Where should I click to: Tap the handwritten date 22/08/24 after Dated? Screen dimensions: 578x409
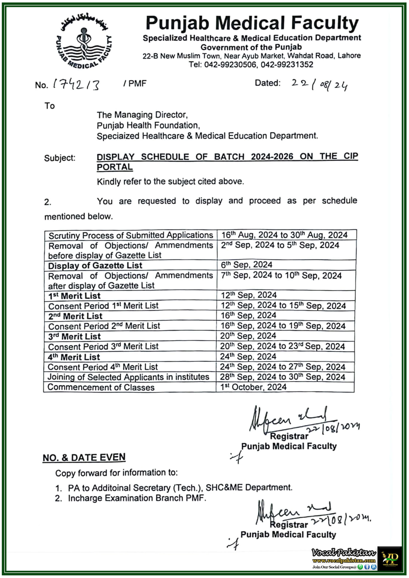(x=319, y=84)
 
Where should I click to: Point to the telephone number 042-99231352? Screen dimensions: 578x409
(x=287, y=65)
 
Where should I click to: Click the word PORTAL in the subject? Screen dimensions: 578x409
(x=115, y=167)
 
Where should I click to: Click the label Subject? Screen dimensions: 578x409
(x=60, y=158)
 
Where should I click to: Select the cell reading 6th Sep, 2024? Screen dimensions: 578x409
(x=247, y=265)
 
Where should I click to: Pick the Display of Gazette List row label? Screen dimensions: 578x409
(x=95, y=266)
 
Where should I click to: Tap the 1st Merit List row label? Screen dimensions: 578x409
(x=74, y=296)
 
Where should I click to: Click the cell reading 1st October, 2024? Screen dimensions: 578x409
(x=253, y=387)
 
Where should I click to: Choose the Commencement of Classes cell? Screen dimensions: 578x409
(x=101, y=387)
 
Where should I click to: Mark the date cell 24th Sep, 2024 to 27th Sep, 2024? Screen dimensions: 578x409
(x=282, y=367)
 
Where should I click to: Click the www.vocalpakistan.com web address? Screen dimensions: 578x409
(x=344, y=560)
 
